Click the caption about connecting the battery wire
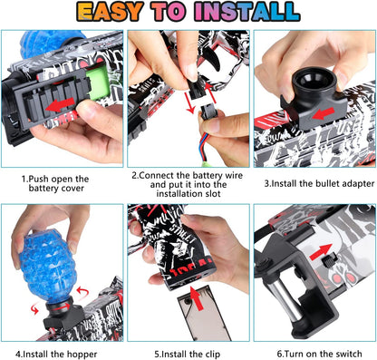(187, 185)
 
